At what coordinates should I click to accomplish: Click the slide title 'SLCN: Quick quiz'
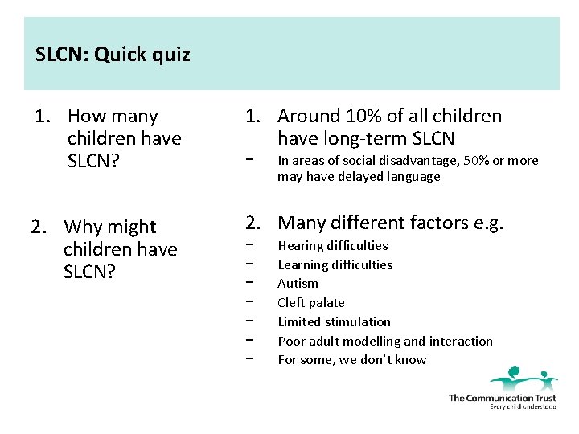[x=113, y=55]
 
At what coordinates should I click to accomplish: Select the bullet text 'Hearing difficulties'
[x=332, y=246]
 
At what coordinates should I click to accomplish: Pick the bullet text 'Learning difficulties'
[x=335, y=264]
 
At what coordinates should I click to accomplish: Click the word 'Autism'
[x=298, y=284]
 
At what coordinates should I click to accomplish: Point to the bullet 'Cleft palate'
[x=310, y=303]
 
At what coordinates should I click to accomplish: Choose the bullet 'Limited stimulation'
[x=334, y=322]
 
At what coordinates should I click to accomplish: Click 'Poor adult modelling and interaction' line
[x=384, y=342]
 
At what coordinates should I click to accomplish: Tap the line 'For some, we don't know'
[x=351, y=360]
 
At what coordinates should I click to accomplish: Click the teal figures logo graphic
[x=523, y=379]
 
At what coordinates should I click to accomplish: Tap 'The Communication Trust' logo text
[x=502, y=398]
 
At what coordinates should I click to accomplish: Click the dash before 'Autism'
[x=251, y=284]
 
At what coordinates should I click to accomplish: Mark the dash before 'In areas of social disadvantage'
[x=251, y=161]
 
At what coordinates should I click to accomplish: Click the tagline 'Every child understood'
[x=523, y=407]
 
